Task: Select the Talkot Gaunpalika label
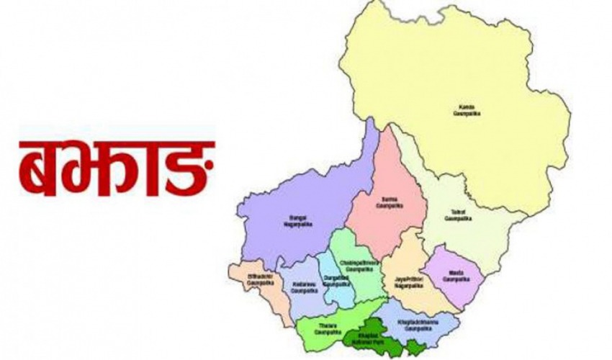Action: click(x=459, y=213)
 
